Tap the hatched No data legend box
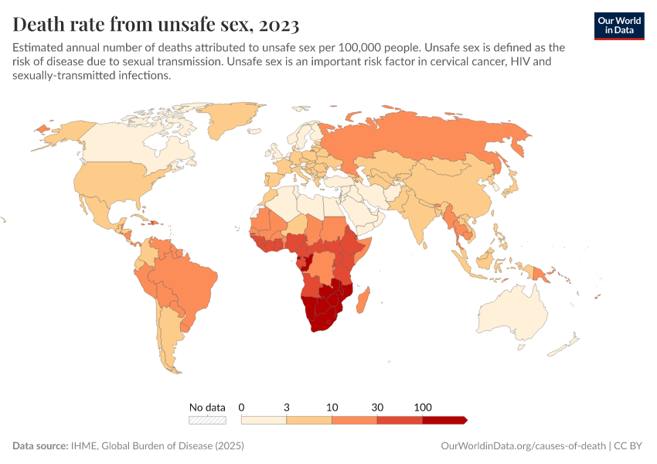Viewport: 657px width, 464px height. [x=208, y=420]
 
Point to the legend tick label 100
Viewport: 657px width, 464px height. [x=423, y=407]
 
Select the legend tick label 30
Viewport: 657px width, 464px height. [x=377, y=407]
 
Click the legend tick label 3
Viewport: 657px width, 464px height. [x=287, y=407]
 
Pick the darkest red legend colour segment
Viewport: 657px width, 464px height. [x=444, y=420]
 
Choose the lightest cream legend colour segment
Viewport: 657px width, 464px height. [x=264, y=420]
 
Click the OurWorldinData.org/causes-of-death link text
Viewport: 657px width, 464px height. [x=523, y=446]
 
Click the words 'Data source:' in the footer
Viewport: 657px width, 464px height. [x=39, y=446]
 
